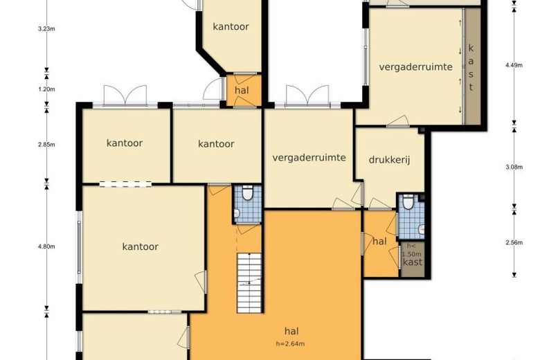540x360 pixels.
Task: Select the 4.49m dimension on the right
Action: (513, 65)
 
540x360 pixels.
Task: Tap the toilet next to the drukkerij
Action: (410, 203)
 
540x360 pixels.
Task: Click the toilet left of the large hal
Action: (246, 196)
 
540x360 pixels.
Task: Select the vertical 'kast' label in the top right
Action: (471, 67)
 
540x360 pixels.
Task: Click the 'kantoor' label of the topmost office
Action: (231, 27)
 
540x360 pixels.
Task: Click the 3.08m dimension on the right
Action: (513, 167)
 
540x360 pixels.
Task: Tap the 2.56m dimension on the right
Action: (513, 242)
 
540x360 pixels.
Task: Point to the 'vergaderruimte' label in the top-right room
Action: (415, 66)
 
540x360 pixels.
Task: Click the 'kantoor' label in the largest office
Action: (141, 246)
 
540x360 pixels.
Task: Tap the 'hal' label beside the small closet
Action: (379, 242)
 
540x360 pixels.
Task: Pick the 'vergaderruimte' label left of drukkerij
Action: (309, 157)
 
